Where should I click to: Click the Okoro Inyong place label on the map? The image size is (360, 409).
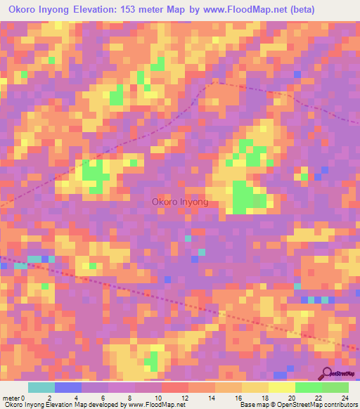pos(180,202)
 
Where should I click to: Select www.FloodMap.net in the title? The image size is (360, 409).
pos(239,10)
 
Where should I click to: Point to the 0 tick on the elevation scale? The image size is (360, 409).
pos(27,397)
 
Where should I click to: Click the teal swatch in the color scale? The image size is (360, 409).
pos(41,387)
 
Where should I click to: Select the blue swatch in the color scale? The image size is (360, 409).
pos(67,387)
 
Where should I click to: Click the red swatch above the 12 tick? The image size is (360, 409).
pos(174,387)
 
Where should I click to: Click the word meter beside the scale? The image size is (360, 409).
pos(11,397)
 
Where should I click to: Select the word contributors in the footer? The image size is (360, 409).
pos(336,405)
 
